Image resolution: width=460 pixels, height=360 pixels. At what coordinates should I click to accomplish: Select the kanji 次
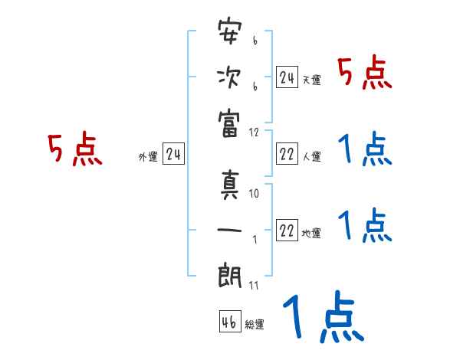[230, 78]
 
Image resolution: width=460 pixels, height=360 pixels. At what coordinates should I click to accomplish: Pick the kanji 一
[230, 230]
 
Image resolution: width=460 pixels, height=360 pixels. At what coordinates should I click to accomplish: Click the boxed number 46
[229, 322]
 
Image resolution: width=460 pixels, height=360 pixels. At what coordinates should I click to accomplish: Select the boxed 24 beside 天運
[287, 77]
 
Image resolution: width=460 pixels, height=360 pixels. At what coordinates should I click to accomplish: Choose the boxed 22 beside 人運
[287, 155]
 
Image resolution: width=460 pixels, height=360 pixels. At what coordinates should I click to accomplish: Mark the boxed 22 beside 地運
[287, 231]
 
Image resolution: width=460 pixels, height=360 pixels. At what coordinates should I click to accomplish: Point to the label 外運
[148, 157]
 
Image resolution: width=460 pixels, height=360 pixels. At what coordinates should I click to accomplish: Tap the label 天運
[311, 80]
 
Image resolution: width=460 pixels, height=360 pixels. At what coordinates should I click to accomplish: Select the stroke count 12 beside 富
[255, 132]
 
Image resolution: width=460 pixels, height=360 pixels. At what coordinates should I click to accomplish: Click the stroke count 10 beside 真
[255, 194]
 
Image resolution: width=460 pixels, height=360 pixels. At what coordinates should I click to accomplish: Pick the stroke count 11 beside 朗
[255, 286]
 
